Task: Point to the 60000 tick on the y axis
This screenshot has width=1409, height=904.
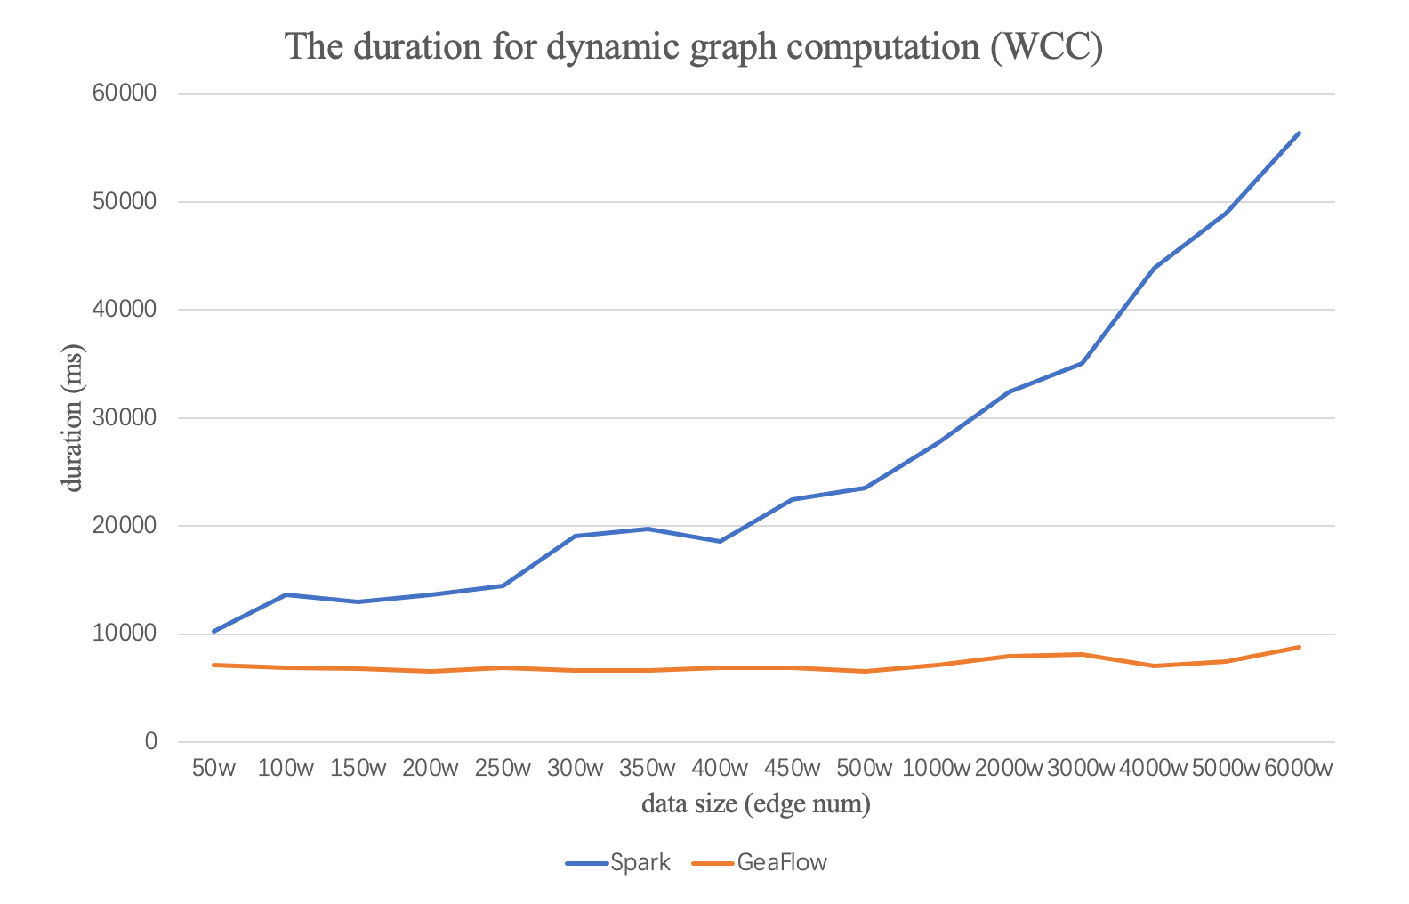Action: [125, 94]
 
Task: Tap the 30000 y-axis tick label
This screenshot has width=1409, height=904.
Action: [125, 418]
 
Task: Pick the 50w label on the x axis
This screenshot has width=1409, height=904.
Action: [213, 768]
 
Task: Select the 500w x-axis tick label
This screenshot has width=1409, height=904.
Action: [865, 768]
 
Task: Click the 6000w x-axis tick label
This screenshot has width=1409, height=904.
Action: [1300, 768]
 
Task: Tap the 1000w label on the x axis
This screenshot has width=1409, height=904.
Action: [937, 768]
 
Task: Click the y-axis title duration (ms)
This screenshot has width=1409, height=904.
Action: [72, 418]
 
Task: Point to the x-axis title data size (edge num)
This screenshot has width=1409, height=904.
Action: [756, 804]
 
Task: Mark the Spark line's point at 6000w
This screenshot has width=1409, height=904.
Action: [1300, 133]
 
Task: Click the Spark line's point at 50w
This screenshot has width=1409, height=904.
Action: [213, 631]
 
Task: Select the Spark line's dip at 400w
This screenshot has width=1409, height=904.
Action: [720, 541]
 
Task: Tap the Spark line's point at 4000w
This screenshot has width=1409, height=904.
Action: [1155, 268]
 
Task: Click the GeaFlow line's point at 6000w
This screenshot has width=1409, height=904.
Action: [1300, 647]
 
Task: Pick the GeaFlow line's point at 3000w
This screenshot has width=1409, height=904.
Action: [1082, 654]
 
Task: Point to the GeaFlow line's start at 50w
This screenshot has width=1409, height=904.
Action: [213, 665]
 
